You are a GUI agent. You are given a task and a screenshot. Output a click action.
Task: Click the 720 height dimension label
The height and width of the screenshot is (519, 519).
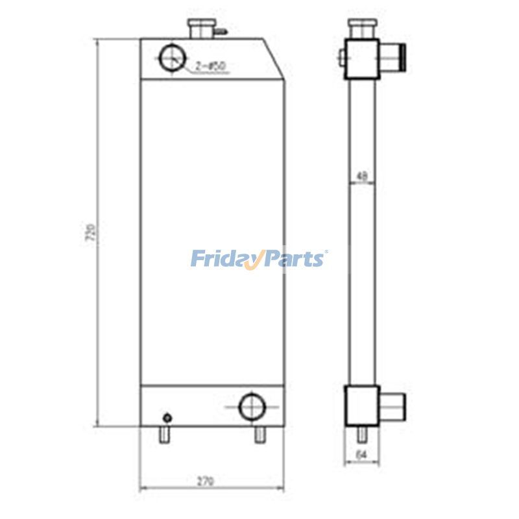pos(91,233)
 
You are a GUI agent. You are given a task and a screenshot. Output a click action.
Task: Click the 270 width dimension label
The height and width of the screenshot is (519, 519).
pos(205,481)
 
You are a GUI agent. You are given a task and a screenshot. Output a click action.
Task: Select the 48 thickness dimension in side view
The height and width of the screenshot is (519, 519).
pos(362,176)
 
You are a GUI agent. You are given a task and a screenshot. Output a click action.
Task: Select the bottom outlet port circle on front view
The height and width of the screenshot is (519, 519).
pos(252,407)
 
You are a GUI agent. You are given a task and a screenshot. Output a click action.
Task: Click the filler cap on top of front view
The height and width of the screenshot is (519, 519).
pos(198,28)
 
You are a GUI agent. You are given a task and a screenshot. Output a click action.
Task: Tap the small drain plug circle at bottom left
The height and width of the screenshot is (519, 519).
pos(167,417)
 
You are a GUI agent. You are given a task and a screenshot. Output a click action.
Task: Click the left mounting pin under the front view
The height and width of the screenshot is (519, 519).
pos(164,435)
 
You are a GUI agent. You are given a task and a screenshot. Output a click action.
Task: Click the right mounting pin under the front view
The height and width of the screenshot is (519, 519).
pos(259,435)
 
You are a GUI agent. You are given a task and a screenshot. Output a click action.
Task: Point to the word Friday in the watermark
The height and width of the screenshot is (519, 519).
pos(224,259)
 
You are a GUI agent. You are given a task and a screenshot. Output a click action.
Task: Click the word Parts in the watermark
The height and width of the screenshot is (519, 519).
pos(294,259)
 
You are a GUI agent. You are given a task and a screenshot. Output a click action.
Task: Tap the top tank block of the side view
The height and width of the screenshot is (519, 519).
pos(362,58)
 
